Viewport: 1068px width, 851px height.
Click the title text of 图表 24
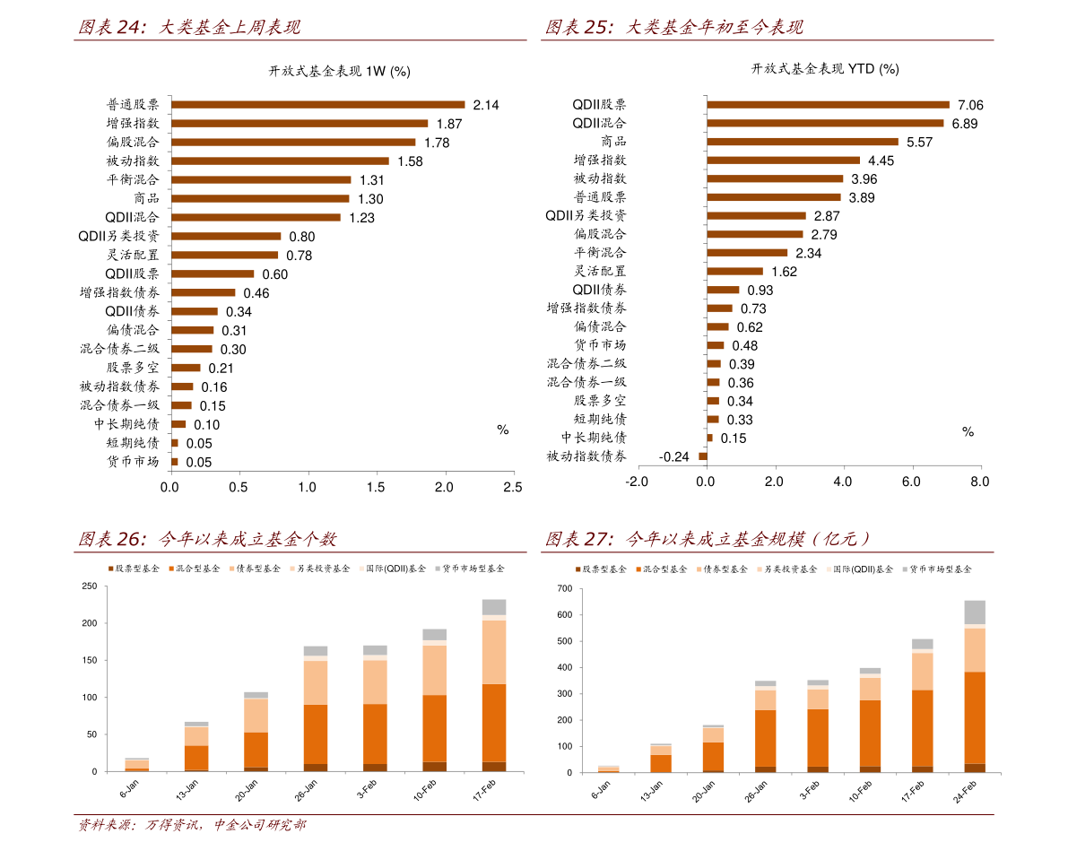[x=189, y=28]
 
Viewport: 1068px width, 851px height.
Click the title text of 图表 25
[x=674, y=28]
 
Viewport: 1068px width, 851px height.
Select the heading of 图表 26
[x=207, y=539]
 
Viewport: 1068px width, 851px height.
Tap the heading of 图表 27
[x=708, y=539]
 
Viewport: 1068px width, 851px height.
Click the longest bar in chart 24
[x=318, y=104]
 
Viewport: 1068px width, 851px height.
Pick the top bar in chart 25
[x=828, y=104]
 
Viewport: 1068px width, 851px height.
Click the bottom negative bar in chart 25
[x=703, y=456]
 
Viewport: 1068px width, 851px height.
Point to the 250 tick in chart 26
[x=90, y=586]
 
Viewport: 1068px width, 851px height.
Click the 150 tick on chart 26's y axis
[x=90, y=661]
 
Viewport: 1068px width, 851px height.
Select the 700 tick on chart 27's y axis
[x=564, y=589]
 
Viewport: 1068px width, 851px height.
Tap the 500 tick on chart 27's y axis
[x=564, y=641]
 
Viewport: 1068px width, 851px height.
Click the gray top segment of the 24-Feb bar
[x=975, y=612]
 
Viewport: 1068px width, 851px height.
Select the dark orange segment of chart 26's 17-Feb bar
[x=494, y=723]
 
